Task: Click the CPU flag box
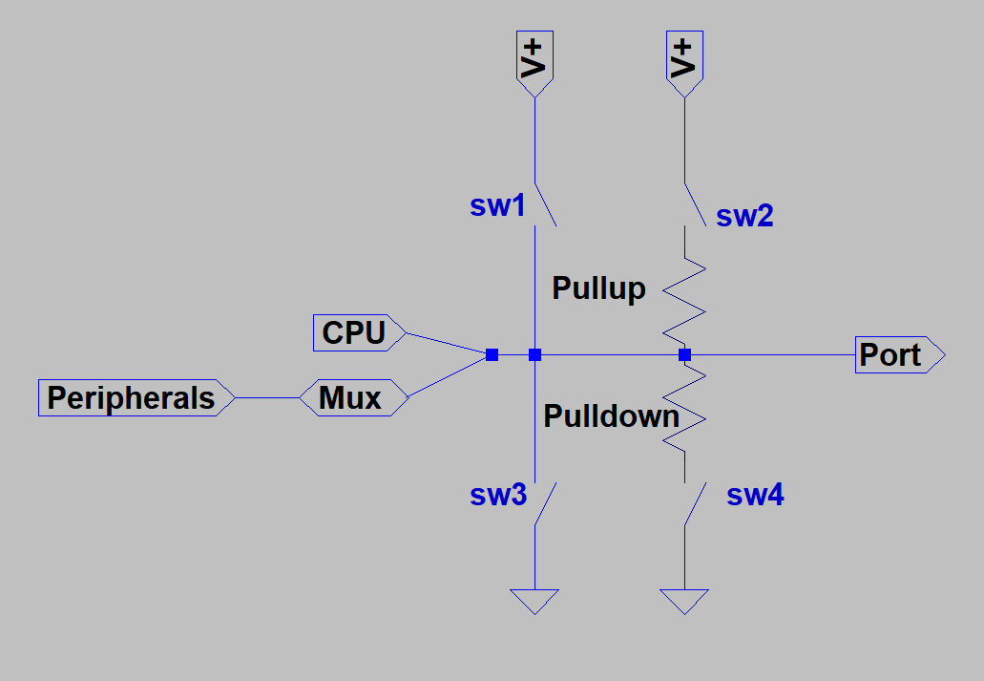coord(358,332)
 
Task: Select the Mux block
coord(353,397)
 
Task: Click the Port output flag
coord(897,354)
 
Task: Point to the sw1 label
coord(497,205)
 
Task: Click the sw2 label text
coord(744,216)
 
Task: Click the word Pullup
coord(598,288)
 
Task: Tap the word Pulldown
coord(611,416)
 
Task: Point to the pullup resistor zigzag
coord(684,296)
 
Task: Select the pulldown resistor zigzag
coord(684,413)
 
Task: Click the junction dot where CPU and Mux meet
coord(492,355)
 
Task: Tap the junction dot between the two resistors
coord(684,355)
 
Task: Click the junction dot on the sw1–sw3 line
coord(534,355)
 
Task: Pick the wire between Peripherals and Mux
coord(267,397)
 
